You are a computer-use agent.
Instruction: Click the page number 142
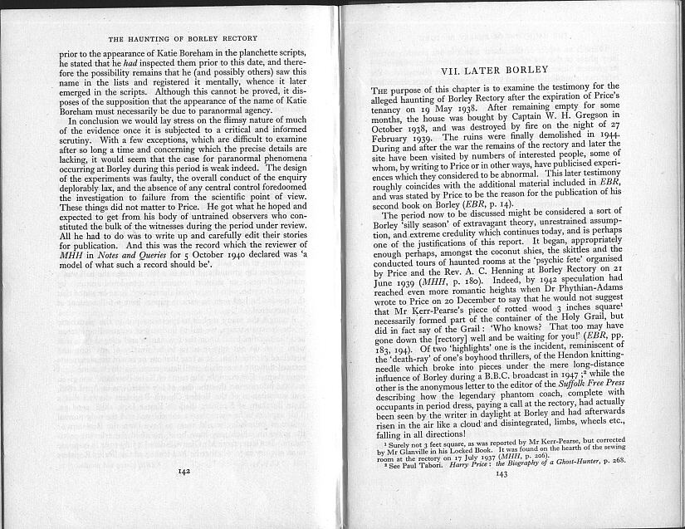tap(184, 471)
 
